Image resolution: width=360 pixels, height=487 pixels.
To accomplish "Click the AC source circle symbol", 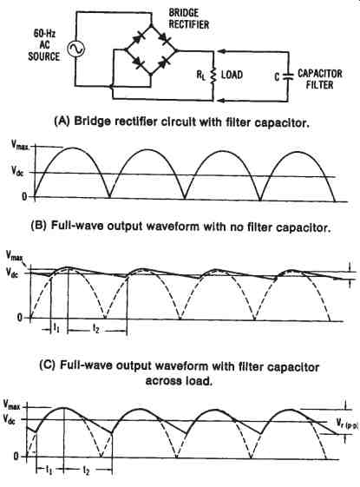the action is pos(75,49).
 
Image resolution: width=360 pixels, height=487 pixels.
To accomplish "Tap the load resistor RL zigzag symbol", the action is pos(213,76).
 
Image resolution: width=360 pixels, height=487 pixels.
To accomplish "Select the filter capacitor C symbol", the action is pos(288,76).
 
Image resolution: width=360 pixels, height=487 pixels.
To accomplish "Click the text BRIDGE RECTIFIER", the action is pos(189,18).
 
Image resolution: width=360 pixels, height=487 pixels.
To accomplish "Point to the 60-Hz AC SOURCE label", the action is pos(44,45).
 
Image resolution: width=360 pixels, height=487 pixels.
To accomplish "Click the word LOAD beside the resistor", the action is pos(232,75).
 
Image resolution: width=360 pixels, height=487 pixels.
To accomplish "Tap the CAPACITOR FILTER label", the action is pos(319,79).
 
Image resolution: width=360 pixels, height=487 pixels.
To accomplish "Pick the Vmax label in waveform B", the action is pos(21,145).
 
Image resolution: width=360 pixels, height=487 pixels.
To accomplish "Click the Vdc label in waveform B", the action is pos(17,170).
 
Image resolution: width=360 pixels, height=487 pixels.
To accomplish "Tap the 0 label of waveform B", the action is pos(24,196).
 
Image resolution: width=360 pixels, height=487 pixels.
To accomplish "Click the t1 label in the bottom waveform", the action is pos(49,470).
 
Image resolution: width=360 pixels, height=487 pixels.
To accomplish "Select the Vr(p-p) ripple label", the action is pos(347,423).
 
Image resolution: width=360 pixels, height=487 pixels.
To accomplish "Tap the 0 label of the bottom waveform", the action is pos(16,457).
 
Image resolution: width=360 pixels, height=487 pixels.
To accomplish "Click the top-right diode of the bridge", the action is pos(164,38).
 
